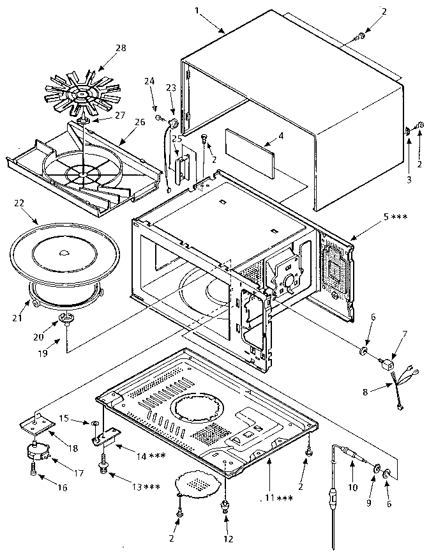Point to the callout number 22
pyautogui.click(x=19, y=202)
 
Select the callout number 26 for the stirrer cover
pyautogui.click(x=140, y=121)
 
